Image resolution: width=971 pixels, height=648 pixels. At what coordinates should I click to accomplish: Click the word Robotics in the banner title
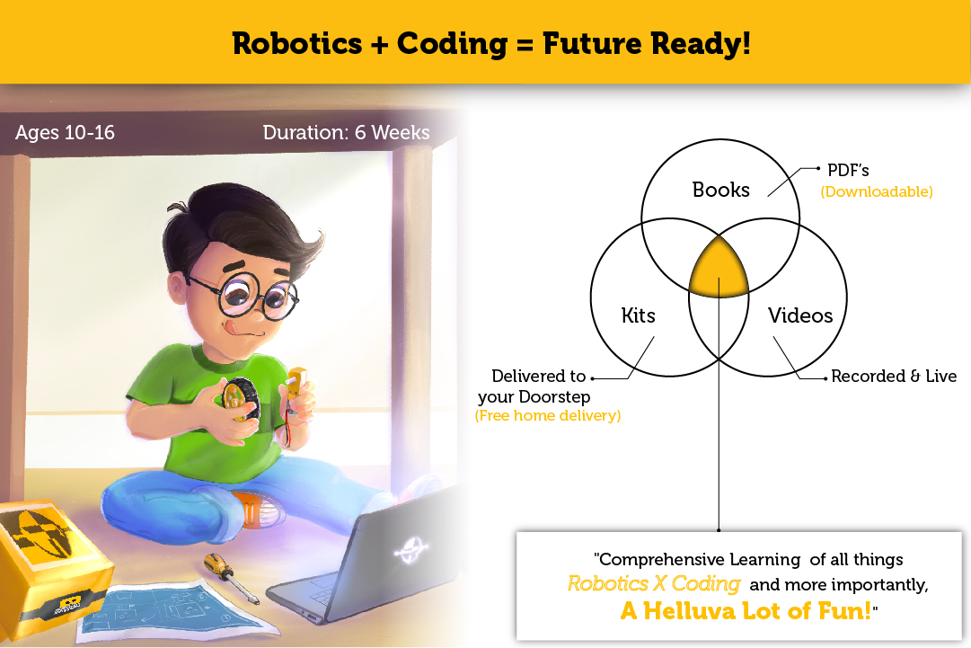297,43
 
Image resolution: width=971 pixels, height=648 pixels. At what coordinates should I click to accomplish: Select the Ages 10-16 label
65,133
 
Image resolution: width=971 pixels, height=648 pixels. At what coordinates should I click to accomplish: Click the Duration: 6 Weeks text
346,133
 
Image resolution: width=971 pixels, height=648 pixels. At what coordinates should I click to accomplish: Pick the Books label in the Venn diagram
720,190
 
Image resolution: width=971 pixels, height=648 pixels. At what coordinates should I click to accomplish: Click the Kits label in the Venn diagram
638,315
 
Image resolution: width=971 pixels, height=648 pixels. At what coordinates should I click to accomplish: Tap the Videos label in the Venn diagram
800,315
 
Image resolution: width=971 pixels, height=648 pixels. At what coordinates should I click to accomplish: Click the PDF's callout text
848,171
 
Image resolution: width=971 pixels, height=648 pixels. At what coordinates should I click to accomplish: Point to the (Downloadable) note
877,191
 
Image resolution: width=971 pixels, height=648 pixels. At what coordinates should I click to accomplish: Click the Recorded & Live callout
894,376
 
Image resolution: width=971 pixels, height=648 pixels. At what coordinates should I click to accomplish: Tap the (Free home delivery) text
547,416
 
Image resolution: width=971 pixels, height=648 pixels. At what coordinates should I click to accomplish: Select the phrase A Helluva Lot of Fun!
746,611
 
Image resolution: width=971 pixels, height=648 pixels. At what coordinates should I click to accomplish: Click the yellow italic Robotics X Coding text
654,583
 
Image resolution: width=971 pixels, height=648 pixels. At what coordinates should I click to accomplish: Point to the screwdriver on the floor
230,577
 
